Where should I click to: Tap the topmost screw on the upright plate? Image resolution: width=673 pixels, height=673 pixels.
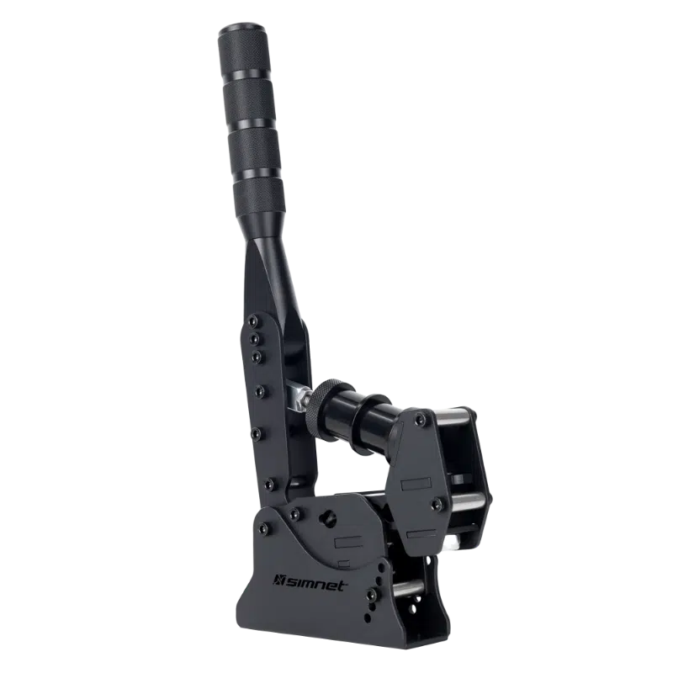tap(255, 321)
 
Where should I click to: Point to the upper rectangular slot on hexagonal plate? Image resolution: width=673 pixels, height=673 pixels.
tap(415, 485)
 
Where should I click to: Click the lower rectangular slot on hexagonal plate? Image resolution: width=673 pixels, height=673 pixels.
tap(418, 532)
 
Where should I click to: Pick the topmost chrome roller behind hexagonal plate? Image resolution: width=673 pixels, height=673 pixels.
tap(454, 414)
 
